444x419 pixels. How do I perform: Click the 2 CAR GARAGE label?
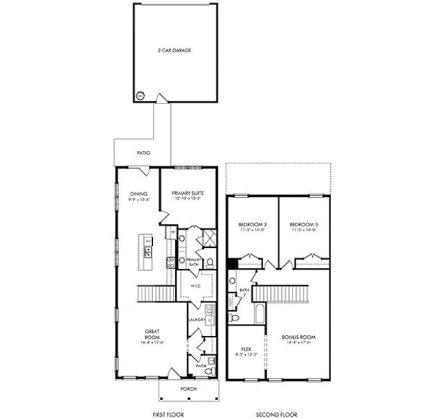(x=175, y=51)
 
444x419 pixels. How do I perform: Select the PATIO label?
(x=144, y=152)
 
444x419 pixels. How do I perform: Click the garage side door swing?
(x=162, y=99)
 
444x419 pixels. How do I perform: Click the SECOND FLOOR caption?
(x=273, y=413)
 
